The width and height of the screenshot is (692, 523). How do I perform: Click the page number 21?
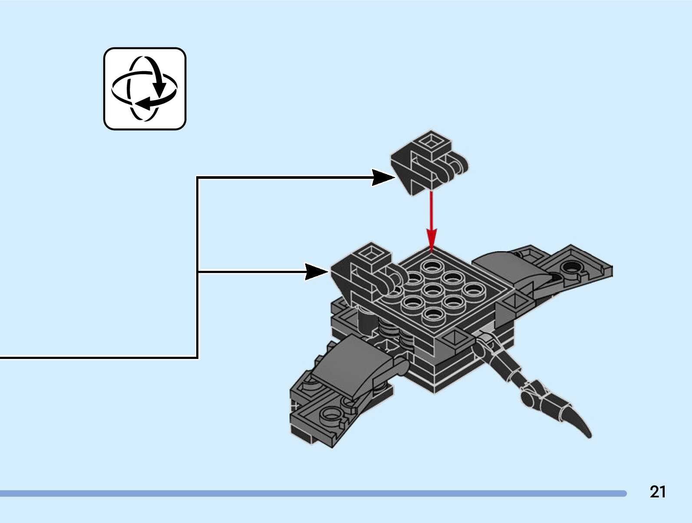[657, 492]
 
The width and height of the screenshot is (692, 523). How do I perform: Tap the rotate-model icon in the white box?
[145, 89]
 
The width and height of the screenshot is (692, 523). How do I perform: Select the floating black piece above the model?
[428, 163]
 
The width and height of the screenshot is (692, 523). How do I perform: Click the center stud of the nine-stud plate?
[432, 289]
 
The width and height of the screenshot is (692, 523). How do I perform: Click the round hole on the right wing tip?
[571, 266]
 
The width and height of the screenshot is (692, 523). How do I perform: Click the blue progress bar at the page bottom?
[313, 493]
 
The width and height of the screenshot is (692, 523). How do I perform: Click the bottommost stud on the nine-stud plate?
[432, 314]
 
